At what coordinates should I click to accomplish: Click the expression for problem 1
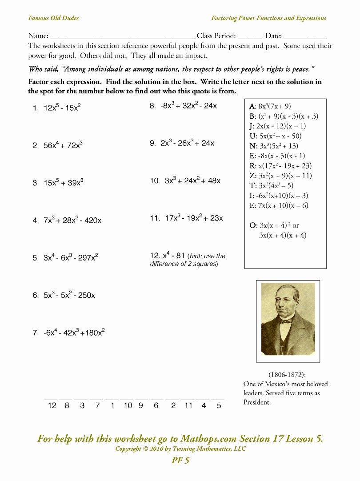(x=62, y=108)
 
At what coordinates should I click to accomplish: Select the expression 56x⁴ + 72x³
(x=63, y=145)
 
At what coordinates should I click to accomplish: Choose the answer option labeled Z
(x=281, y=176)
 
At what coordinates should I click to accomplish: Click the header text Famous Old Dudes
(x=53, y=18)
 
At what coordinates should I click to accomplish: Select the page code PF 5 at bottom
(x=180, y=461)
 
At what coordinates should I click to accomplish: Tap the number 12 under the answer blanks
(x=52, y=405)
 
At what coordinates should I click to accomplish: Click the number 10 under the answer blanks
(x=128, y=405)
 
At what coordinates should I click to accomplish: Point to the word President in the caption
(x=257, y=402)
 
